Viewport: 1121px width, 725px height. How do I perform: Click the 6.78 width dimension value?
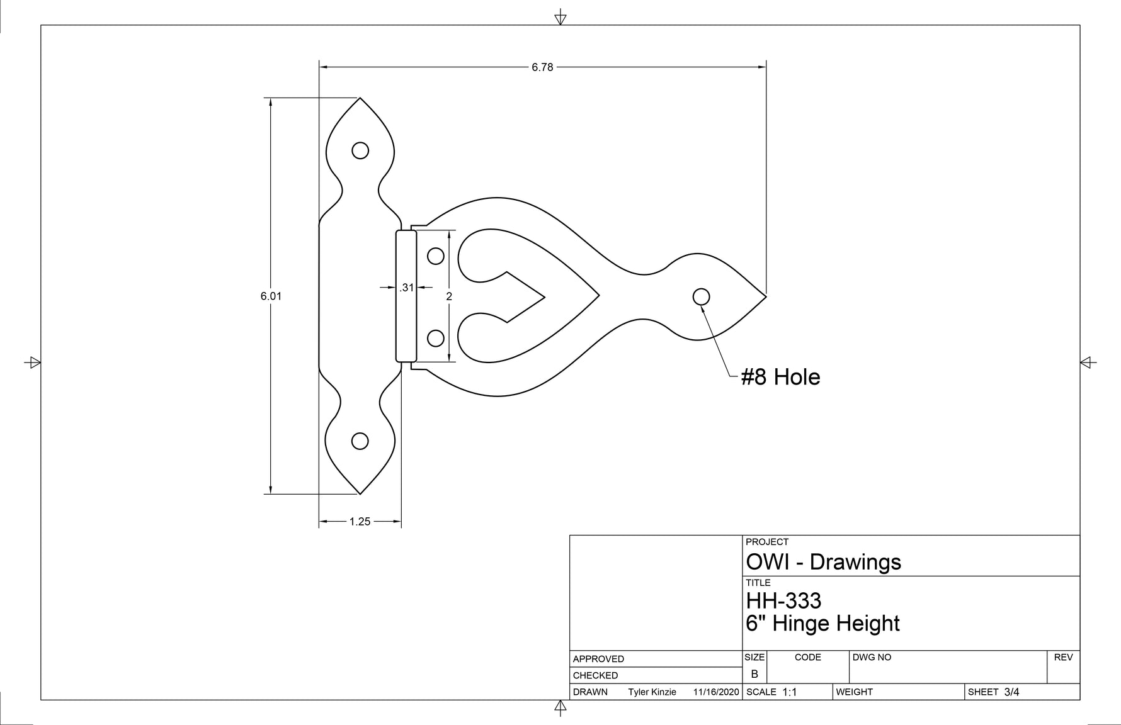[542, 67]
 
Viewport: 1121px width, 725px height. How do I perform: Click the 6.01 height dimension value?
[271, 296]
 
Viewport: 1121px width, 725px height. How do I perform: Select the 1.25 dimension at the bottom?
[360, 522]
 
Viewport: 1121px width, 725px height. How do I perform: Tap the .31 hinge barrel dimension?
[407, 288]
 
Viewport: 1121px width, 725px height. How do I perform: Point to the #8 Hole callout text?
[780, 377]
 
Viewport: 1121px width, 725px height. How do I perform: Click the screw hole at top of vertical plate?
[360, 150]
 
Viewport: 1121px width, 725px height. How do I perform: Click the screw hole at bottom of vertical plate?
[360, 441]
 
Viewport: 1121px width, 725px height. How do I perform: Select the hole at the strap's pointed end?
[701, 296]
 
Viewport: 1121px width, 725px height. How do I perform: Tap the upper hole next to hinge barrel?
[436, 256]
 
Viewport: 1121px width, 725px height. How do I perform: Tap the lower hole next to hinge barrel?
[436, 338]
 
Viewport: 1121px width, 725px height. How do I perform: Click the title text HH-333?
[783, 601]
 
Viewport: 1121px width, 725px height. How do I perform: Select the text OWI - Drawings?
[823, 562]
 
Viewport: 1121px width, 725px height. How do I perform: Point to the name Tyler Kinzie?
[652, 692]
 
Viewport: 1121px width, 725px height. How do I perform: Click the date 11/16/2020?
[715, 692]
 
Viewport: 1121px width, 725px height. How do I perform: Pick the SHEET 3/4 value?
[1011, 692]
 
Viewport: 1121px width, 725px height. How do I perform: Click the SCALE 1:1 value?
[789, 692]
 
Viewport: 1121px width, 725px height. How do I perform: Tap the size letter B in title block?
[754, 674]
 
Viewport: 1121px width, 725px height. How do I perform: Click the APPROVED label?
[598, 659]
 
